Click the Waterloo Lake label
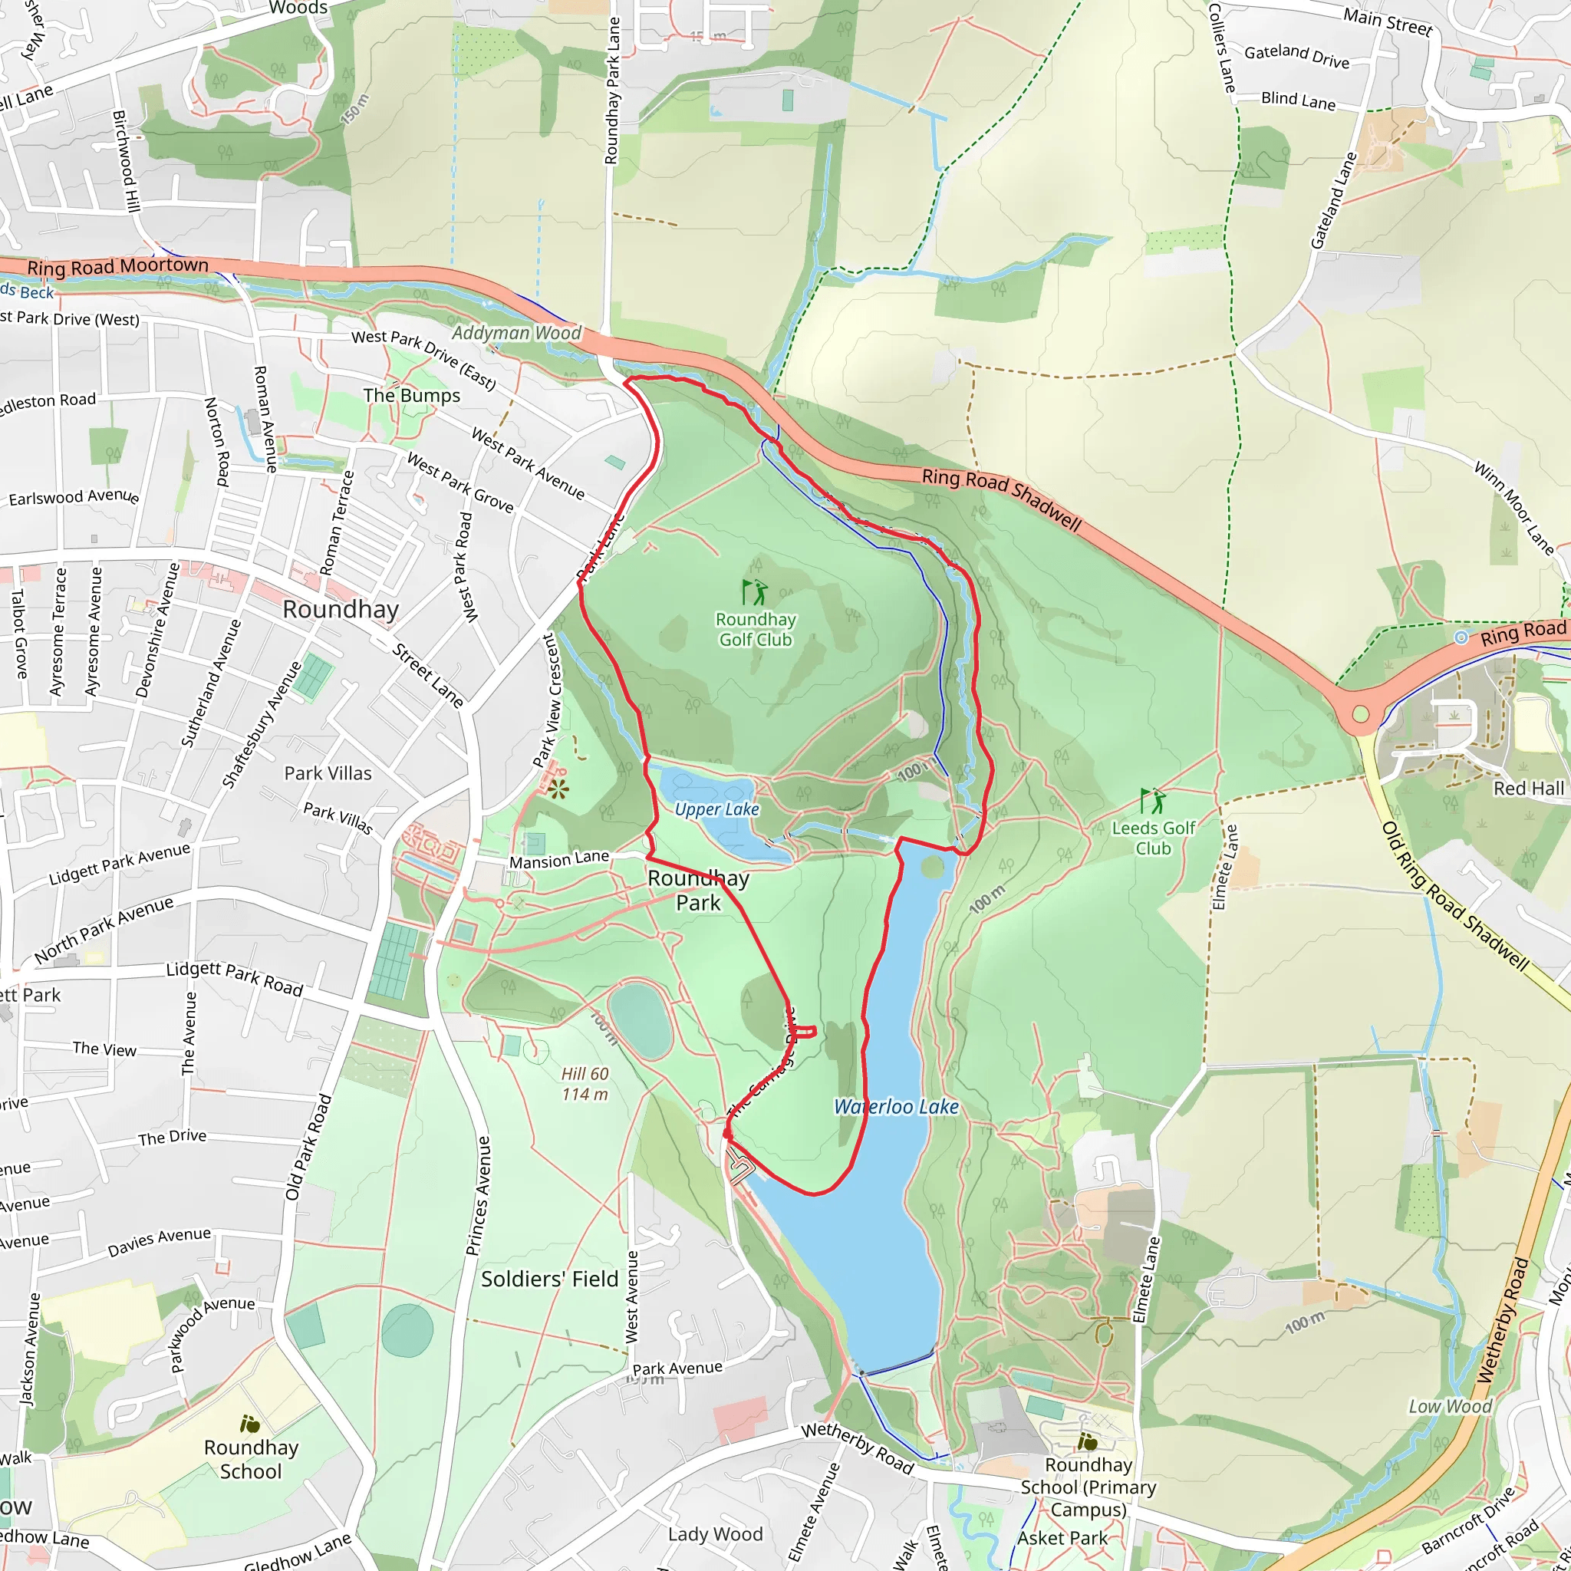tap(896, 1107)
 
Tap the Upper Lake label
tap(716, 809)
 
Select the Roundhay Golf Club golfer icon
tap(755, 592)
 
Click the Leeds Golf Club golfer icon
tap(1152, 801)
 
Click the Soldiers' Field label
tap(550, 1279)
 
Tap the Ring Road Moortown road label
tap(118, 266)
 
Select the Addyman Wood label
tap(516, 333)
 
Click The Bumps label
tap(411, 395)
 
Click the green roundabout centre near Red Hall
tap(1360, 715)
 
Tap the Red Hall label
tap(1529, 788)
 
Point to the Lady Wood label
tap(715, 1533)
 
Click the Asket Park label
tap(1062, 1538)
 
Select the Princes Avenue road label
tap(479, 1195)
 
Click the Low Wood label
tap(1450, 1406)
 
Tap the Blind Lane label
tap(1298, 100)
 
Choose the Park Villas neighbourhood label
tap(328, 773)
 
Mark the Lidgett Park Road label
tap(234, 978)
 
